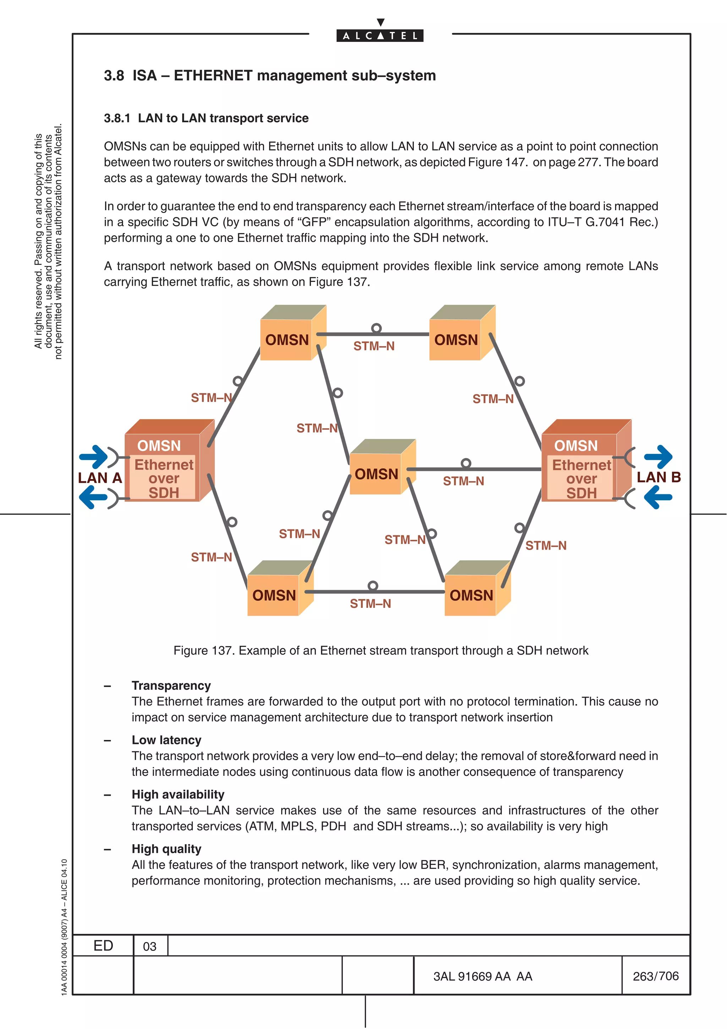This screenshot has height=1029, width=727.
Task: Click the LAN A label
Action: coord(100,478)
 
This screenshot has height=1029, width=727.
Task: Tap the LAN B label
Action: coord(658,477)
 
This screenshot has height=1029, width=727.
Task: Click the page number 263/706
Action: coord(655,976)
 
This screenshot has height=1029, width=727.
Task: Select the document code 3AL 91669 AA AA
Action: coord(482,976)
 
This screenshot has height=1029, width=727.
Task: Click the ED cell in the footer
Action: coord(103,946)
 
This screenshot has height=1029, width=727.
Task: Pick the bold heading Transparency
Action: coord(171,686)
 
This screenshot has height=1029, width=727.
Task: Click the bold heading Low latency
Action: coord(166,740)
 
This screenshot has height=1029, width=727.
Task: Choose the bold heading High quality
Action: coord(166,849)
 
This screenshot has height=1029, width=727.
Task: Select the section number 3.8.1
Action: coord(117,118)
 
